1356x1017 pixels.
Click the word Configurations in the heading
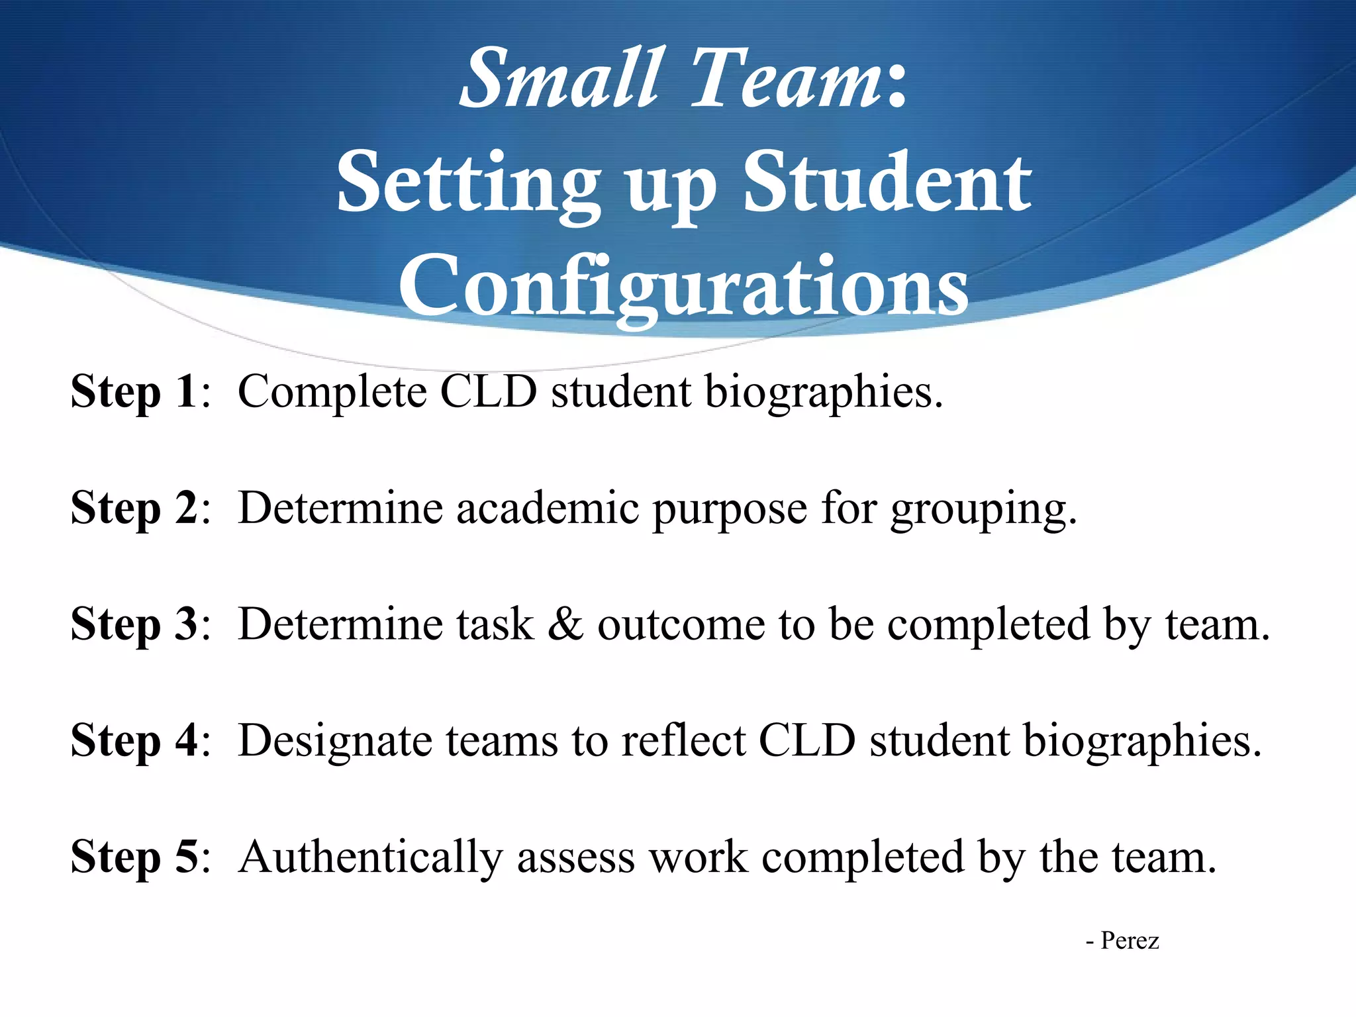tap(683, 286)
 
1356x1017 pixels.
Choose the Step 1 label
tap(134, 392)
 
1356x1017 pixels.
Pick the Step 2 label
tap(134, 508)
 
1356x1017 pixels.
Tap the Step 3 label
tap(134, 624)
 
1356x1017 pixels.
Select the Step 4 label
tap(134, 740)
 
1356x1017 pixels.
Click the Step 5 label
tap(134, 857)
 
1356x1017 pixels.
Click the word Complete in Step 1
tap(332, 392)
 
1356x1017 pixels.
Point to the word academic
tap(548, 508)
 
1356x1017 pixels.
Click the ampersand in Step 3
tap(565, 624)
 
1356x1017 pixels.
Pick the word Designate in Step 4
tap(335, 741)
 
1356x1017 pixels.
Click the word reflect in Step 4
tap(683, 740)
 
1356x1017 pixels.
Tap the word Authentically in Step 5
tap(370, 857)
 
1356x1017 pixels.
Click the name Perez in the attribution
tap(1129, 941)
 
